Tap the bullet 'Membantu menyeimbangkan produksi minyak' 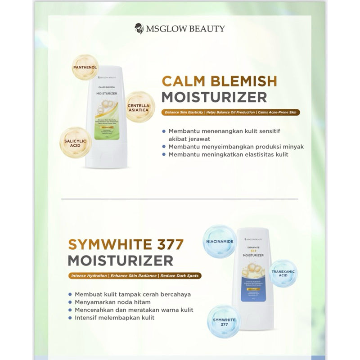(230, 147)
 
